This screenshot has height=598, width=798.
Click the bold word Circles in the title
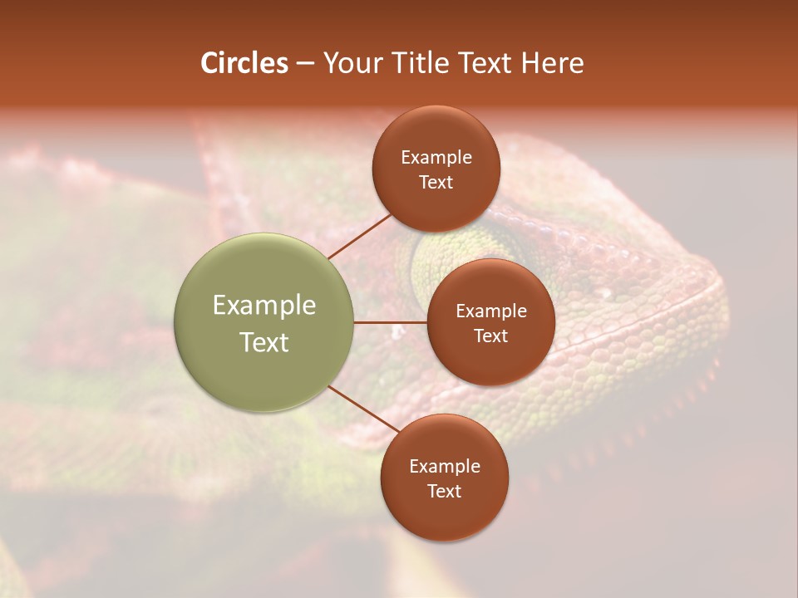coord(244,63)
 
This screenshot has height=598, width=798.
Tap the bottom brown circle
coord(445,515)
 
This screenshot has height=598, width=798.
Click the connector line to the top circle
coord(359,236)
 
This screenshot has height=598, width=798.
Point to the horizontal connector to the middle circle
coord(391,322)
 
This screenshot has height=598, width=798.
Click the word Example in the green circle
coord(264,306)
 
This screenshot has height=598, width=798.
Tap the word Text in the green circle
coord(264,342)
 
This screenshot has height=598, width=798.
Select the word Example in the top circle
coord(436,158)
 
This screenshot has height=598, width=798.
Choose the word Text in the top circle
coord(436,183)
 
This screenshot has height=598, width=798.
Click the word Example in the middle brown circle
coord(491,311)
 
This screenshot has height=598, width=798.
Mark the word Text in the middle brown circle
coord(491,336)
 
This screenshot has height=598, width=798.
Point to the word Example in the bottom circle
coord(445,467)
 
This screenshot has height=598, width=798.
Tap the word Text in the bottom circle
coord(445,492)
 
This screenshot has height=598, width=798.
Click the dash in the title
coord(305,64)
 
